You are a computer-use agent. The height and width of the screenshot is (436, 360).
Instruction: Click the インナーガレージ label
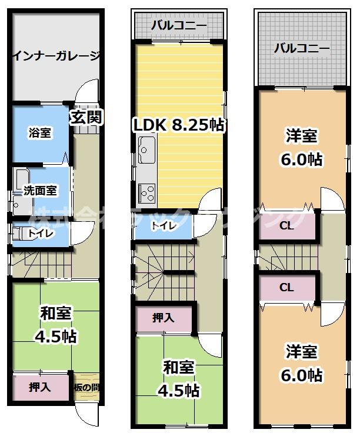[56, 57]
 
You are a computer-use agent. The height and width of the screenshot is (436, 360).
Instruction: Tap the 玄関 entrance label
[86, 117]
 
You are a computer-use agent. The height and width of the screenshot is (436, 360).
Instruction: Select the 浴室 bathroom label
[40, 133]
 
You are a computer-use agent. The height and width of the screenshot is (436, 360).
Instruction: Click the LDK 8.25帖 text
[179, 125]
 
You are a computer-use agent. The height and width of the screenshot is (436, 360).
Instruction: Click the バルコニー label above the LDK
[178, 25]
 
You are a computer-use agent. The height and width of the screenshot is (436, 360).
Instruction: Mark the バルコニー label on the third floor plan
[302, 48]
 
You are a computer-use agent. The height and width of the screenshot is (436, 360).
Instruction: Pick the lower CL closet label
[286, 288]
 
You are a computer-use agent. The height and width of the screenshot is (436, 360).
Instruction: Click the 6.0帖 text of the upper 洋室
[302, 160]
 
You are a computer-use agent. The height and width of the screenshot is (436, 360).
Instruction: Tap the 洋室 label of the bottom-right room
[302, 352]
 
